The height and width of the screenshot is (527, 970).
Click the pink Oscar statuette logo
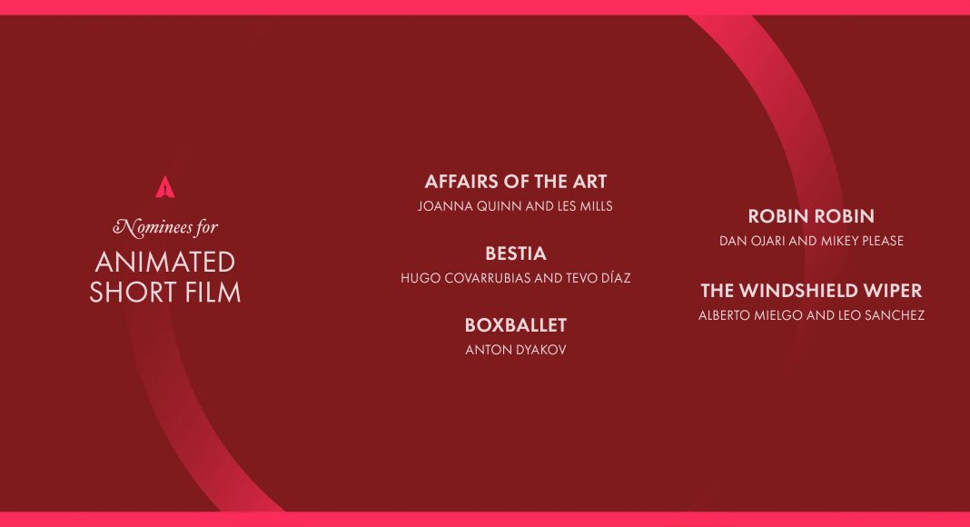pyautogui.click(x=164, y=187)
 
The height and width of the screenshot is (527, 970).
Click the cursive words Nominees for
pyautogui.click(x=165, y=228)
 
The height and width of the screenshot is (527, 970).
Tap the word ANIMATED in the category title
pyautogui.click(x=165, y=263)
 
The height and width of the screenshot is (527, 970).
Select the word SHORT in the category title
pyautogui.click(x=130, y=293)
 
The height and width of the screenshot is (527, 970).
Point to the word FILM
pyautogui.click(x=211, y=293)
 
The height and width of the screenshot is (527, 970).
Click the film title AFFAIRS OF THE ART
pyautogui.click(x=515, y=182)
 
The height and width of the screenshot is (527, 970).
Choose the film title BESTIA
pyautogui.click(x=515, y=254)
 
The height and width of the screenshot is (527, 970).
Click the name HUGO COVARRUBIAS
pyautogui.click(x=465, y=278)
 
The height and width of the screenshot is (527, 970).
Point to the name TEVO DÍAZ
pyautogui.click(x=598, y=278)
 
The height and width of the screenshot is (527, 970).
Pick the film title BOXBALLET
pyautogui.click(x=515, y=325)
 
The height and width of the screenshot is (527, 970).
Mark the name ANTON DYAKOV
pyautogui.click(x=515, y=350)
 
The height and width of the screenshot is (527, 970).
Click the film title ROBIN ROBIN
pyautogui.click(x=811, y=216)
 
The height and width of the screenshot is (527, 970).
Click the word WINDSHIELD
pyautogui.click(x=799, y=291)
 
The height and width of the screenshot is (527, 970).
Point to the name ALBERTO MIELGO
pyautogui.click(x=750, y=315)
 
